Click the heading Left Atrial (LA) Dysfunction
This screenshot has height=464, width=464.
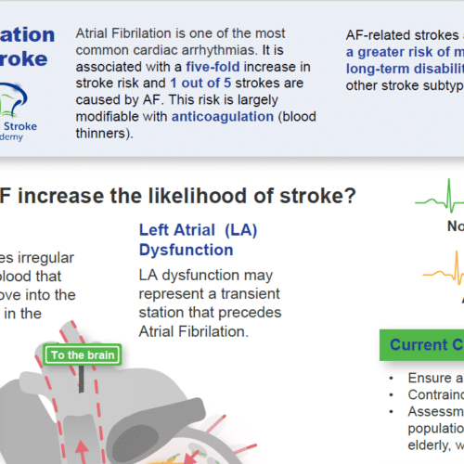pos(186,239)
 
